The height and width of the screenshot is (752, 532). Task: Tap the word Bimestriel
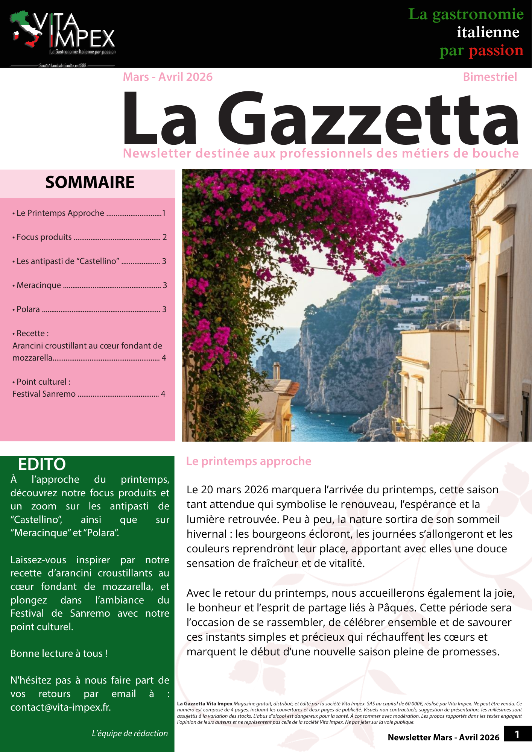click(x=490, y=77)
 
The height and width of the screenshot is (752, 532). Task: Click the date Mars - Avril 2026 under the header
click(x=167, y=77)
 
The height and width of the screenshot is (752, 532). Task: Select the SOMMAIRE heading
click(x=90, y=182)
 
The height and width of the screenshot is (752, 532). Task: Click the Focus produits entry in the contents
click(x=44, y=237)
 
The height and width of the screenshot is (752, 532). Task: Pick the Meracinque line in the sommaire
click(x=39, y=285)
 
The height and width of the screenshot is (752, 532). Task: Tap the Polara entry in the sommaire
click(x=28, y=309)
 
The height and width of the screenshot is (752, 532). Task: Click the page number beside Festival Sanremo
click(x=163, y=394)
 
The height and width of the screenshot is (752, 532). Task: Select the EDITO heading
click(x=42, y=464)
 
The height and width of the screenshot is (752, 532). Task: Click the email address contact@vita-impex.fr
click(x=60, y=707)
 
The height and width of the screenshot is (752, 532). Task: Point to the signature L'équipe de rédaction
click(x=130, y=733)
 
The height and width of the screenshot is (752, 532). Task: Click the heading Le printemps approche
click(x=249, y=461)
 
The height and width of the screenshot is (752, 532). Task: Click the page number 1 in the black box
click(x=517, y=734)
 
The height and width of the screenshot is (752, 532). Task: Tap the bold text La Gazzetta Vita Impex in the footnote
click(x=205, y=703)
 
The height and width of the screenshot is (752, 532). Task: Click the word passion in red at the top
click(x=496, y=50)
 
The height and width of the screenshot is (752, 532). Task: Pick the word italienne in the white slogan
click(x=488, y=32)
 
